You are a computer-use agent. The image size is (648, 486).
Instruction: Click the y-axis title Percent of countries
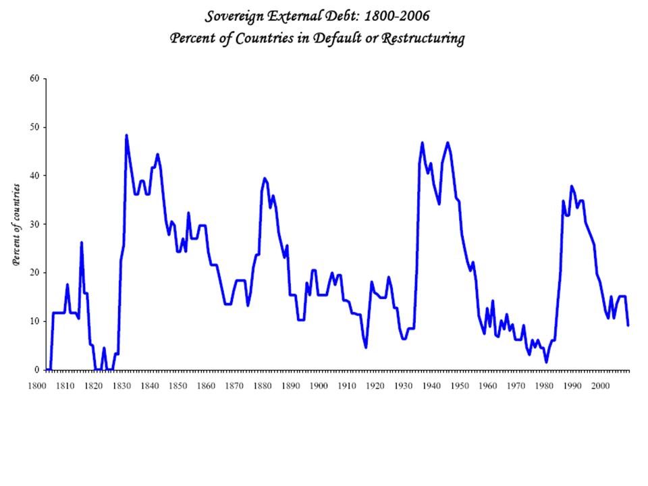[15, 224]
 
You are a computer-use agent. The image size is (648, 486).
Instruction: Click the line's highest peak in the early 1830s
[126, 136]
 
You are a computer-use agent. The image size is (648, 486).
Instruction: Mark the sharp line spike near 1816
[81, 242]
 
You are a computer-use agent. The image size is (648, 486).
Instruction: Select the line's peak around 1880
[265, 179]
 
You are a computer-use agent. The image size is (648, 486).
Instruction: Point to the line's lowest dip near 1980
[546, 362]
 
